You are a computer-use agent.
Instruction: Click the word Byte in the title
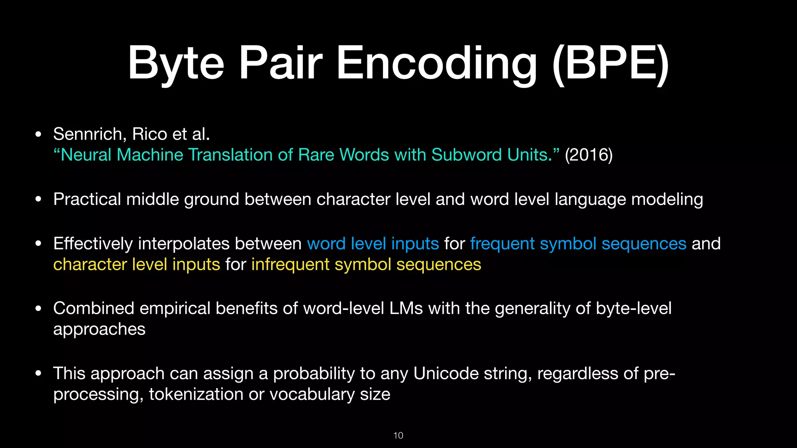176,63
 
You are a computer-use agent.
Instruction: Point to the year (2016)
588,155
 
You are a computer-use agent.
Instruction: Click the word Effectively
93,244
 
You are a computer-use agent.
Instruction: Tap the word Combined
94,308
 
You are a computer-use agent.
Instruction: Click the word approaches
99,329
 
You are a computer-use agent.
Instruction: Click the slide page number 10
398,436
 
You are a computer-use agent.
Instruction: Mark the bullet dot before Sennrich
38,135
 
